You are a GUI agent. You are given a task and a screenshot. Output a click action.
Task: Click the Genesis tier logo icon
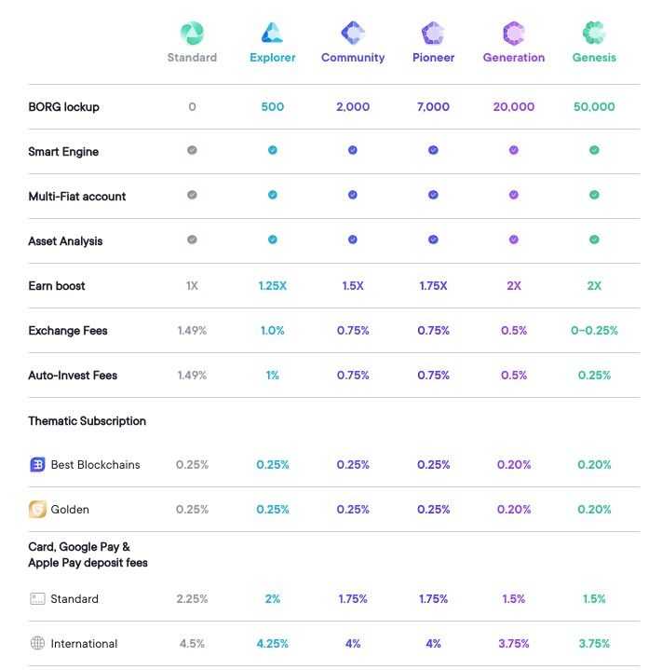click(594, 34)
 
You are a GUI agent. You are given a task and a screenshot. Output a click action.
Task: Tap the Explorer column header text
click(273, 58)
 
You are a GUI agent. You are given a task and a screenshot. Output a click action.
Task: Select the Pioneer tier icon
click(433, 34)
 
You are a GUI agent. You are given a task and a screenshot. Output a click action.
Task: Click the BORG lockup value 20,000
click(514, 107)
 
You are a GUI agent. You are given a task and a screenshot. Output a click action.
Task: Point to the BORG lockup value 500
click(273, 107)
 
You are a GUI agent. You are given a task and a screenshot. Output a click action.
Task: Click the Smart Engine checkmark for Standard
click(192, 150)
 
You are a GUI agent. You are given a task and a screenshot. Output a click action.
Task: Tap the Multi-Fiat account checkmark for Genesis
click(594, 195)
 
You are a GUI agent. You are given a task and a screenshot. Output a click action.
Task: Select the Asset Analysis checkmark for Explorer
click(273, 239)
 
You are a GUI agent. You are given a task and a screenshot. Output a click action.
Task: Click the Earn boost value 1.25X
click(273, 286)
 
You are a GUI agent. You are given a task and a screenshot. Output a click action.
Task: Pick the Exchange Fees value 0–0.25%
click(594, 331)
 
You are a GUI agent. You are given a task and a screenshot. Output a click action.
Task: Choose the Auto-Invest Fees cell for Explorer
click(273, 376)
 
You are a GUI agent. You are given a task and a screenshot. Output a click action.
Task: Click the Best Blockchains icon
click(37, 464)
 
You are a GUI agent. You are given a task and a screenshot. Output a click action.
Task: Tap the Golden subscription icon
click(37, 509)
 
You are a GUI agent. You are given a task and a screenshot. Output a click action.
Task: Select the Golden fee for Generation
click(514, 510)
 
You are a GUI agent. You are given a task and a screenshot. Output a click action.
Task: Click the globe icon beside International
click(37, 643)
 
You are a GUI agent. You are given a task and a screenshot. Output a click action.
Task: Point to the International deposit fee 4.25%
click(273, 644)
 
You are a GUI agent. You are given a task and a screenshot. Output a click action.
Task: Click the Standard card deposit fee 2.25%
click(192, 599)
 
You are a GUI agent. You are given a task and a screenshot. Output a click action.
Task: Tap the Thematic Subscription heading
click(87, 421)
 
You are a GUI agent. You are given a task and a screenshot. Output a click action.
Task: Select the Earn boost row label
click(57, 286)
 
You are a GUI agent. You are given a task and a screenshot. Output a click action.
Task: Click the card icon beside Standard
click(37, 598)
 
